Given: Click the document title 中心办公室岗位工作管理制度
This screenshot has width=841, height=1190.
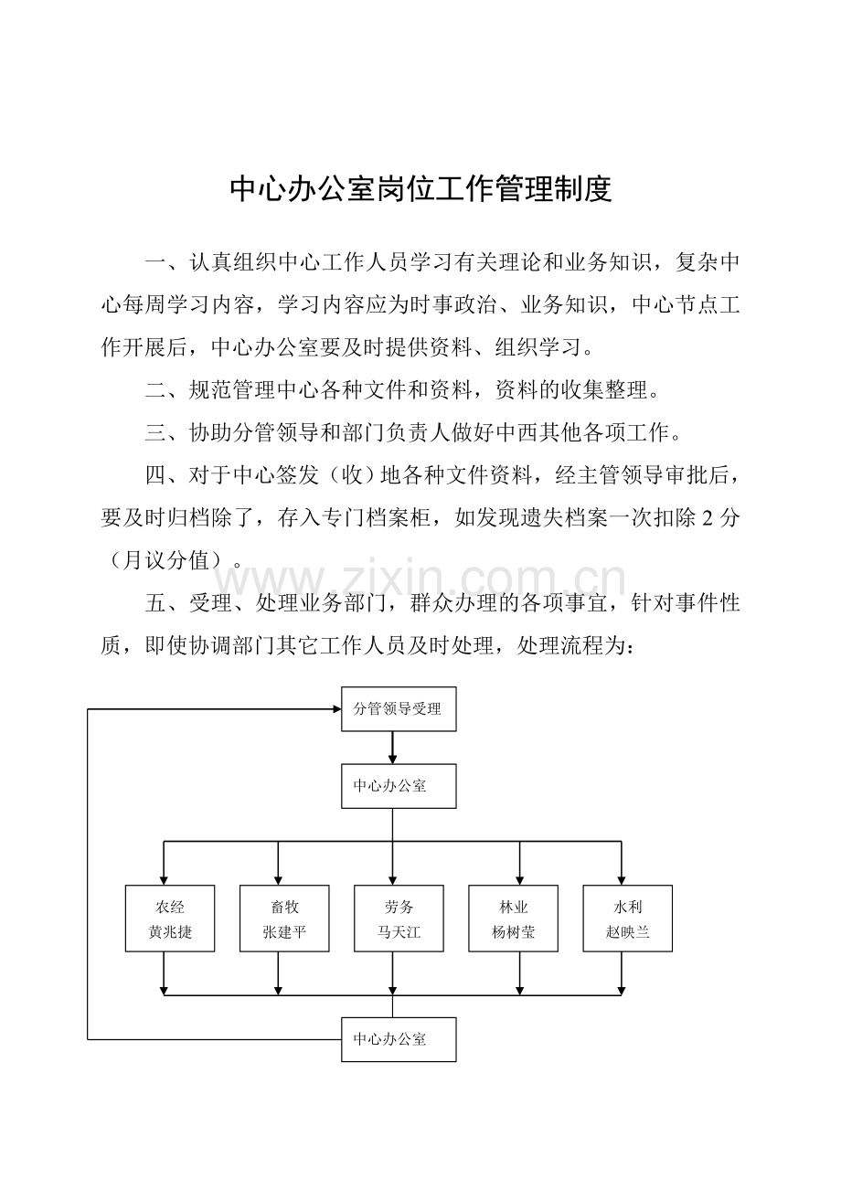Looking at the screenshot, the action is pos(420,188).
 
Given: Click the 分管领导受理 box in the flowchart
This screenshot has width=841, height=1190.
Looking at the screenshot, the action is pos(399,708).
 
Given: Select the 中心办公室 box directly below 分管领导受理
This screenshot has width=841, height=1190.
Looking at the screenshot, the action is pos(399,786).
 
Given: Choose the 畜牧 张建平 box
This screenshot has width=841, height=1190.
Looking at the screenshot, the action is pos(284,919).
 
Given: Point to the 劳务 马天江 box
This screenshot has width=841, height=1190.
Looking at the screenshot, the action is pos(399,919).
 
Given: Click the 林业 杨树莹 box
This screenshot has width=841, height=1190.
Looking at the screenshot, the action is pos(513,919).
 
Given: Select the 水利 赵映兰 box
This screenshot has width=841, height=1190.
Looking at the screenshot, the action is pos(627,919).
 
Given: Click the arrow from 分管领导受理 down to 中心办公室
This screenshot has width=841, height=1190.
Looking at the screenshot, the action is pos(392,748).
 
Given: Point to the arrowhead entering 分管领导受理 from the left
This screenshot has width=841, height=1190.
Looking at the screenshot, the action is pos(336,708).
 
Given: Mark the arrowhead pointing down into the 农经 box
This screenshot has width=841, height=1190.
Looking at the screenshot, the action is pos(164,880).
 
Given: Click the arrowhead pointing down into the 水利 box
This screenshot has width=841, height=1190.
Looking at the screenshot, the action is pos(621,880).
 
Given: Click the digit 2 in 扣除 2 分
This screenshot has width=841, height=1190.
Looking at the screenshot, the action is pos(708,517).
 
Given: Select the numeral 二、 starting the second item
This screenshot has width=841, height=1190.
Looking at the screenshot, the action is pos(166,390).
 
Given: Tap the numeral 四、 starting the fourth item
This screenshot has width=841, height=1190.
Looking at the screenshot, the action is pos(166,475).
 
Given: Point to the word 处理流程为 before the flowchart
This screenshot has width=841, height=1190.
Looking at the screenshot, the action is pos(575,646).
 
